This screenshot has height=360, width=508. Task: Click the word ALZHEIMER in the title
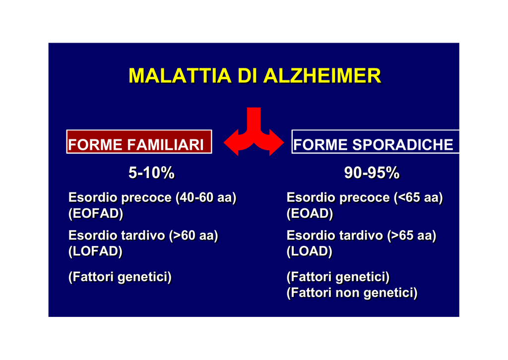pyautogui.click(x=322, y=76)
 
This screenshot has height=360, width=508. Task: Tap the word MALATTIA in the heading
pyautogui.click(x=180, y=76)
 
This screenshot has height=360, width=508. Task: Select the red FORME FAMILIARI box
pyautogui.click(x=139, y=142)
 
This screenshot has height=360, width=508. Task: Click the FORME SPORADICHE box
pyautogui.click(x=375, y=142)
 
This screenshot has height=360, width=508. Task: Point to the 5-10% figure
pyautogui.click(x=152, y=173)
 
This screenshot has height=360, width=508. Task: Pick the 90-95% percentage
pyautogui.click(x=372, y=173)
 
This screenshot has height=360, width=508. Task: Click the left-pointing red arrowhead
pyautogui.click(x=231, y=142)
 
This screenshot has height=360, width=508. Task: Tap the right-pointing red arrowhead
pyautogui.click(x=277, y=142)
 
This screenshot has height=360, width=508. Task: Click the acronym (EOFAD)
pyautogui.click(x=96, y=214)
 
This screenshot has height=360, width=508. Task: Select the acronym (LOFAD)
pyautogui.click(x=96, y=251)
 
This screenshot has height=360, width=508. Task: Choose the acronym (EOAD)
pyautogui.click(x=310, y=214)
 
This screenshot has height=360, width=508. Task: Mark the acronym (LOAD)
pyautogui.click(x=310, y=251)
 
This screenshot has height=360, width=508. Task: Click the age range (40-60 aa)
pyautogui.click(x=206, y=198)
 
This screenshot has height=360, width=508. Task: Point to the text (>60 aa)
pyautogui.click(x=194, y=236)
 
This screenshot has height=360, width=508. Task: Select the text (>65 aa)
pyautogui.click(x=412, y=236)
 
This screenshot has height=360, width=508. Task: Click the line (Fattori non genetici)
pyautogui.click(x=352, y=293)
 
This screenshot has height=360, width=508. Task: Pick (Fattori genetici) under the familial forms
pyautogui.click(x=120, y=277)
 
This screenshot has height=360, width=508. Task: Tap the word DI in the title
pyautogui.click(x=248, y=76)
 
